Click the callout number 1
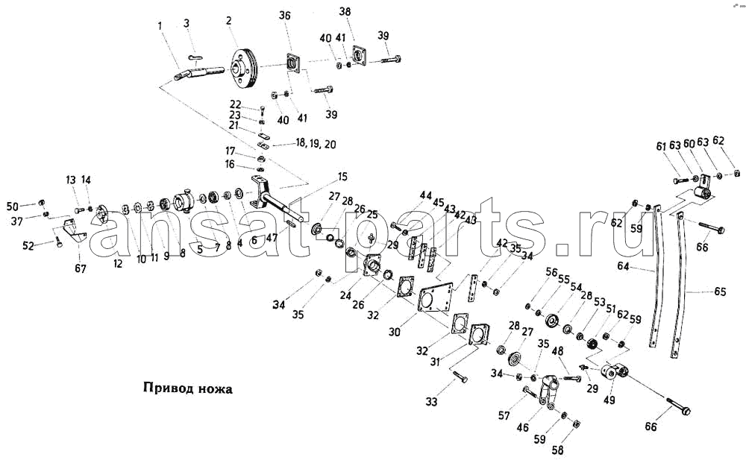159,28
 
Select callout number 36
285,16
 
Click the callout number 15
342,177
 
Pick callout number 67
80,268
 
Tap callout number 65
720,292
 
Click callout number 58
557,450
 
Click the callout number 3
187,24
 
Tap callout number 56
551,273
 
